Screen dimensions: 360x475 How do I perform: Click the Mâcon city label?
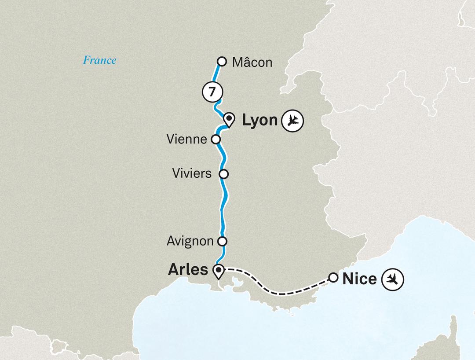point(252,62)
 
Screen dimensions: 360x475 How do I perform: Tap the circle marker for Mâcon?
point(223,62)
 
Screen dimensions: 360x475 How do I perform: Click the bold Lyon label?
point(259,120)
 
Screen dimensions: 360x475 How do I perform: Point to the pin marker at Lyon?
point(229,119)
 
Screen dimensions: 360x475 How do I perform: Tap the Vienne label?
point(187,140)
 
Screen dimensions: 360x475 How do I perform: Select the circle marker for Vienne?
point(216,140)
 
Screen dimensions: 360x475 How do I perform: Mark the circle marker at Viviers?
point(224,174)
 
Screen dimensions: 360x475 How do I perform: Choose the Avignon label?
point(190,241)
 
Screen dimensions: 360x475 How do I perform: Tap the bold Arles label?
point(188,270)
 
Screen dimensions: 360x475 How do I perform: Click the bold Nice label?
point(359,278)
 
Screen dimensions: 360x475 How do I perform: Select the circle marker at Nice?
point(333,278)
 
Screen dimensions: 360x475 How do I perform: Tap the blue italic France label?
point(99,60)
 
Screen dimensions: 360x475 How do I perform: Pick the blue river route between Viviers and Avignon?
point(223,207)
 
